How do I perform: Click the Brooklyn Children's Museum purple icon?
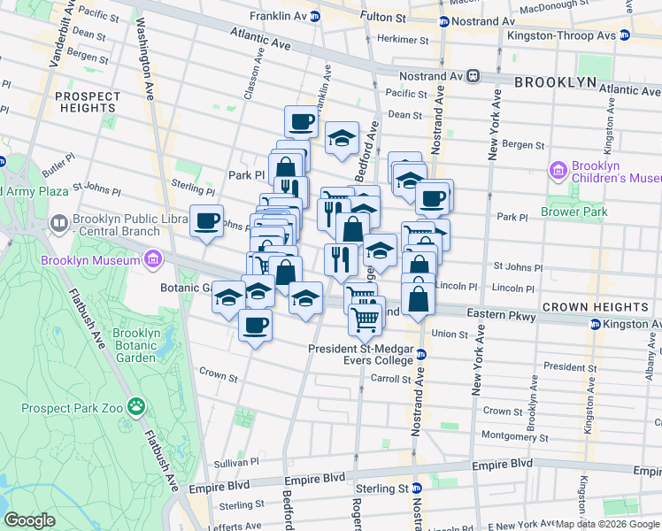coord(558,170)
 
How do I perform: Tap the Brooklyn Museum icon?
coord(152,259)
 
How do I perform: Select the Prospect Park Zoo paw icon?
coord(136,407)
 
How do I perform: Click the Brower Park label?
coord(576,212)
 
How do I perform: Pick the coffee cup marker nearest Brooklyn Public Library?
coord(206,221)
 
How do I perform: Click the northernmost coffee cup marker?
coord(301,121)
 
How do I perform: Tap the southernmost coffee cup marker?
coord(255,326)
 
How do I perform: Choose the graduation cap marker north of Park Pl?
coord(342,138)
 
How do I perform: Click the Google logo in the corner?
coord(29,520)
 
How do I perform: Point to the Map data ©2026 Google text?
coord(607,524)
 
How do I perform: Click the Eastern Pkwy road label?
coord(480,314)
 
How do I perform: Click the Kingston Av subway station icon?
coord(595,324)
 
